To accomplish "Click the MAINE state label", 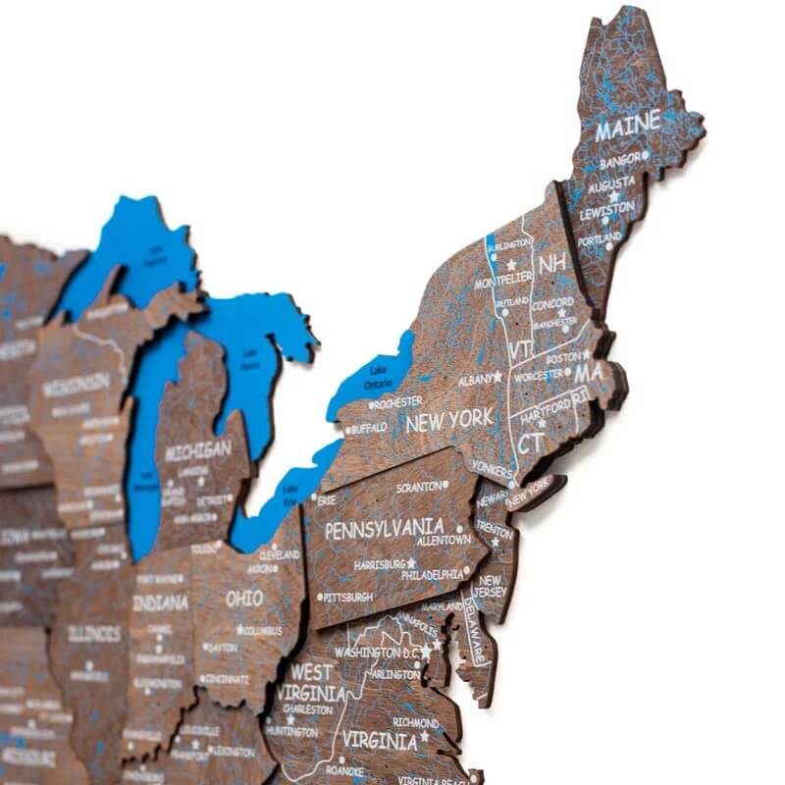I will pos(629,130).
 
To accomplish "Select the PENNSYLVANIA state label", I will pos(384,529).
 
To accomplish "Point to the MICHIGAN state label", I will pos(198,451).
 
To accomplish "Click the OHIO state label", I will pos(244,598).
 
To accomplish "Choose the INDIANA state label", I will pos(160,602).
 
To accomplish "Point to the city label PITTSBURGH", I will pos(347,597).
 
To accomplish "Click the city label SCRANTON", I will pos(419,487).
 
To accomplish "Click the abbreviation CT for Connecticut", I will pos(531,444).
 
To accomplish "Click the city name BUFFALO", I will pos(369,428).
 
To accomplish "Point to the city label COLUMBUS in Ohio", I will pos(262,630).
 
